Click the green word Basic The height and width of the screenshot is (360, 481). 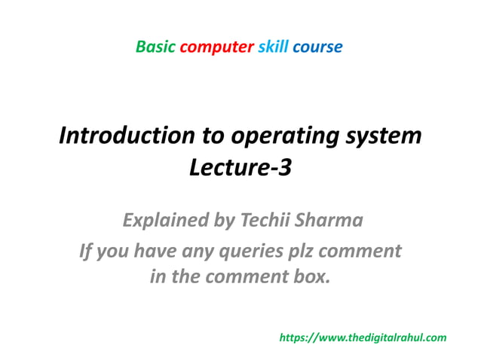click(x=155, y=47)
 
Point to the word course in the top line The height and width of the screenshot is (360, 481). click(x=317, y=47)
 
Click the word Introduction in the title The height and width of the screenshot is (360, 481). click(x=121, y=136)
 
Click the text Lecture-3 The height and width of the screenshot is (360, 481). click(x=240, y=169)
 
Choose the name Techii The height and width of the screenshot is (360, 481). click(x=265, y=221)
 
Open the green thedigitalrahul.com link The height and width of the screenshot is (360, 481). click(x=363, y=338)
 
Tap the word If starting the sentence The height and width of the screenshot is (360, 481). click(x=87, y=249)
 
